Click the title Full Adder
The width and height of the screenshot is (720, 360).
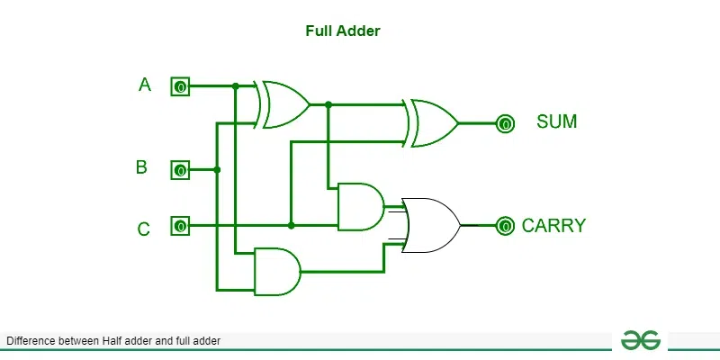343,31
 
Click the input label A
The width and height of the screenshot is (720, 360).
145,85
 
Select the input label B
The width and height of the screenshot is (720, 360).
141,167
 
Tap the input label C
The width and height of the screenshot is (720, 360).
143,229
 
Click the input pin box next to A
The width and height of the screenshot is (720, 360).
180,87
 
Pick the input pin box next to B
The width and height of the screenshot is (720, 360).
180,170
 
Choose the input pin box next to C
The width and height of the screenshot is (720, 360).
180,225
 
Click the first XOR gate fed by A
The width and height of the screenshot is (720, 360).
283,104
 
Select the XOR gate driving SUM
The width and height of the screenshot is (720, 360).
432,122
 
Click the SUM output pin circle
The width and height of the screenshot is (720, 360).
506,123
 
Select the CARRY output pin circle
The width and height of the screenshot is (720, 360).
506,225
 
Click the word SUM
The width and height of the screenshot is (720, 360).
556,121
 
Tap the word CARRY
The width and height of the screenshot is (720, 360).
553,226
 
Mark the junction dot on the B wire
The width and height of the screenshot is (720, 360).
217,169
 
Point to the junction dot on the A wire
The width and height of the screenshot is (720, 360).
235,86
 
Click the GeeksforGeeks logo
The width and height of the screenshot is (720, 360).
640,339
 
